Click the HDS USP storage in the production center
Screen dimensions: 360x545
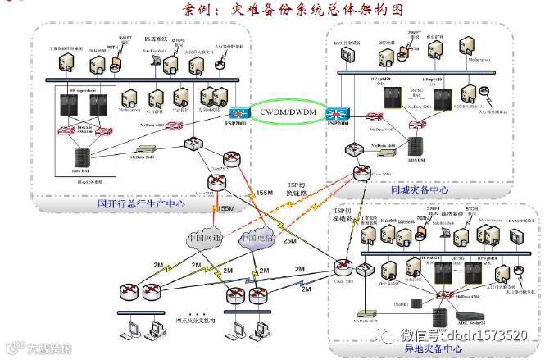(81, 155)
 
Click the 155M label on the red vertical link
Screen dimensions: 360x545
(225, 211)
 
